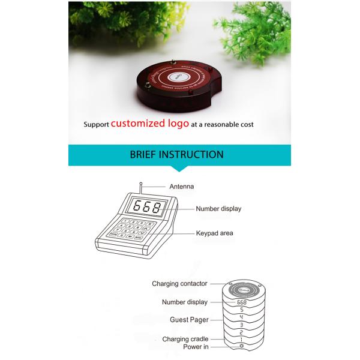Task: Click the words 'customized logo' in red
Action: [x=145, y=124]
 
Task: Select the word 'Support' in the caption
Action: [x=96, y=125]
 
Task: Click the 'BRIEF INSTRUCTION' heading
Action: [x=176, y=155]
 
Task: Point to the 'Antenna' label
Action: [x=181, y=187]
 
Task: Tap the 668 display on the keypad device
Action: [x=146, y=208]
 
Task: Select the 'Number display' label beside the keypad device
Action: [x=218, y=209]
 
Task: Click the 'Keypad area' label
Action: [x=214, y=233]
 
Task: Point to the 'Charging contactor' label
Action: [x=179, y=283]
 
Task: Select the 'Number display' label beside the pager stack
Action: [x=184, y=302]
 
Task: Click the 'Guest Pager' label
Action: [x=188, y=320]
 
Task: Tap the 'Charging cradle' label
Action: [x=185, y=339]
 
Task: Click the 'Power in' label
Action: [x=196, y=347]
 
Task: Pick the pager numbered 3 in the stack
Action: [x=242, y=325]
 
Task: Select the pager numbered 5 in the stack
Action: [x=242, y=310]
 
